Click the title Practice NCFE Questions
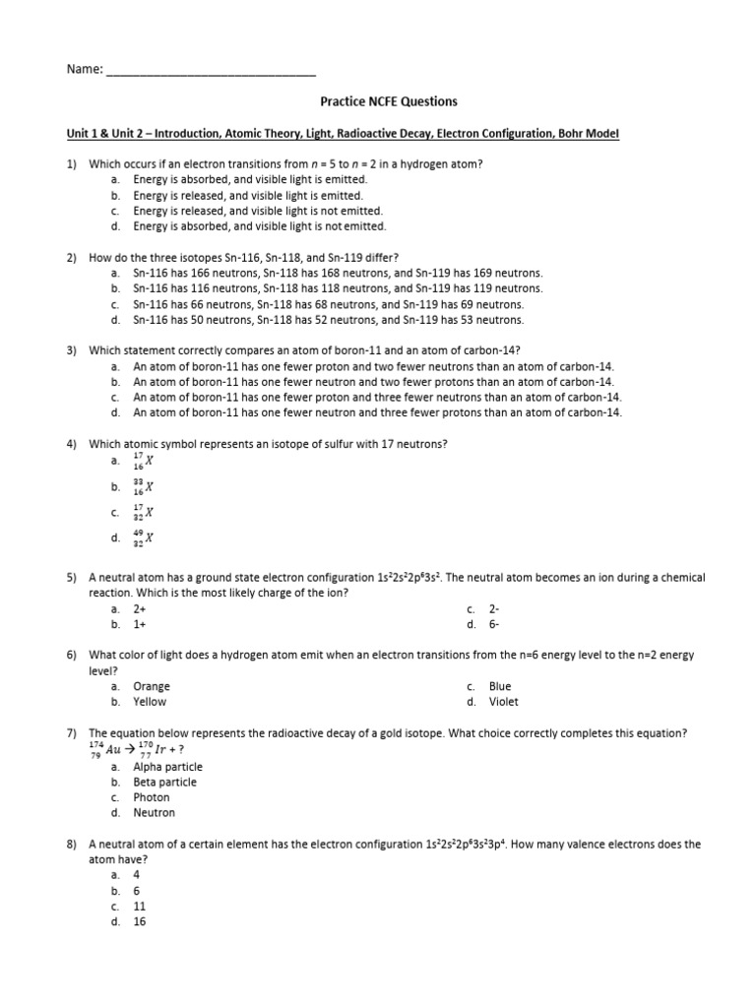click(x=389, y=101)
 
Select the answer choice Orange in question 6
click(x=152, y=686)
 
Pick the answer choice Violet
click(x=503, y=702)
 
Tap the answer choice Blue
click(x=500, y=686)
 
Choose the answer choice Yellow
click(x=151, y=702)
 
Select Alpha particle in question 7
click(x=168, y=767)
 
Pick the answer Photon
click(x=152, y=797)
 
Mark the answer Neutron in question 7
click(x=155, y=813)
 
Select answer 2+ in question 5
click(x=140, y=609)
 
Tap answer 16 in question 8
click(x=140, y=921)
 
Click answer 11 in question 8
click(x=140, y=906)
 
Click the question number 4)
click(x=72, y=444)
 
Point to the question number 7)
click(x=72, y=733)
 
